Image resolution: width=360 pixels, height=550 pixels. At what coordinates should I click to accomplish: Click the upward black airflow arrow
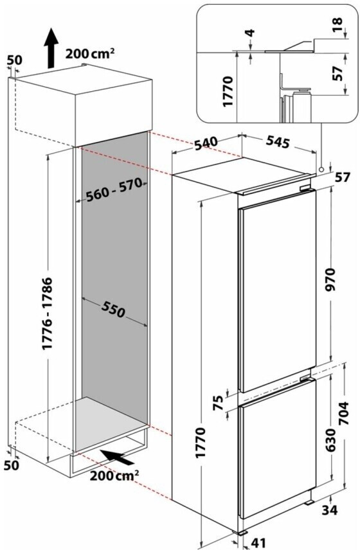[x=51, y=48]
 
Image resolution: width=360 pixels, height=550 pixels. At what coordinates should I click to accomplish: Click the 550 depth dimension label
[x=114, y=308]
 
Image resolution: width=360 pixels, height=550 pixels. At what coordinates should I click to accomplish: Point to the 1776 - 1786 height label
[x=48, y=314]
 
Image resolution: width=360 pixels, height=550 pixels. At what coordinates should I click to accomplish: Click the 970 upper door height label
[x=331, y=279]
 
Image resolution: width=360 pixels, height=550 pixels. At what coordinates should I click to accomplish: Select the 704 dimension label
[x=345, y=414]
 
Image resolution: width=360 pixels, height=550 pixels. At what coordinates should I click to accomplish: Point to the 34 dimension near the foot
[x=330, y=510]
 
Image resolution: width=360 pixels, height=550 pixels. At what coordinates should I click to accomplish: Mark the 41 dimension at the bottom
[x=258, y=543]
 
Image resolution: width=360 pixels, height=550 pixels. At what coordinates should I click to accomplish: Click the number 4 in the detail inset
[x=251, y=33]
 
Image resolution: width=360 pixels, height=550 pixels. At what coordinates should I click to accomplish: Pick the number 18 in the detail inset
[x=337, y=25]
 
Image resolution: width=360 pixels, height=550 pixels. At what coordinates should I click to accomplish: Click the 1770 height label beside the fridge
[x=201, y=442]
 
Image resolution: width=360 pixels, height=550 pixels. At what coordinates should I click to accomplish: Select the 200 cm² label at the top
[x=89, y=54]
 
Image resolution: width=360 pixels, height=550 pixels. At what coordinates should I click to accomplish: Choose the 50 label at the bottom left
[x=11, y=465]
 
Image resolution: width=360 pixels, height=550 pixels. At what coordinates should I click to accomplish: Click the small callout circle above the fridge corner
[x=321, y=169]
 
